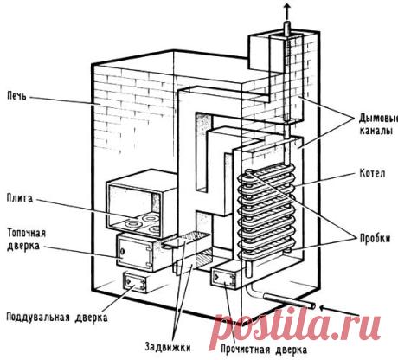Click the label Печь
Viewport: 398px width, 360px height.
point(16,95)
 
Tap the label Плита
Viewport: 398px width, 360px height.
point(20,198)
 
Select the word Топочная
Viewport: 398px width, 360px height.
point(26,233)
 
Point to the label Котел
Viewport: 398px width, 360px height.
point(372,174)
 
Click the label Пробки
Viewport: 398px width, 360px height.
point(375,238)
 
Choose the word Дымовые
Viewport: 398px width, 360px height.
point(378,118)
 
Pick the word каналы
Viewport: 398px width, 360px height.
point(376,131)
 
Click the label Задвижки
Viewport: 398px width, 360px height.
point(168,347)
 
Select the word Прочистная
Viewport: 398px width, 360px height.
point(246,350)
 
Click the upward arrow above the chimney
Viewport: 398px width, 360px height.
point(286,10)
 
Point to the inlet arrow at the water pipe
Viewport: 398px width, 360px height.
point(340,311)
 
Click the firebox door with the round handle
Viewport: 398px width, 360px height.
point(135,254)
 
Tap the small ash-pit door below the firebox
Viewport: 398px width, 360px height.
point(135,282)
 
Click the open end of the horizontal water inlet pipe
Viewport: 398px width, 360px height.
point(311,305)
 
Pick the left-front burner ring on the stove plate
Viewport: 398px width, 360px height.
point(132,224)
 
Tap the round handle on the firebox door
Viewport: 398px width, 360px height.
point(122,252)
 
